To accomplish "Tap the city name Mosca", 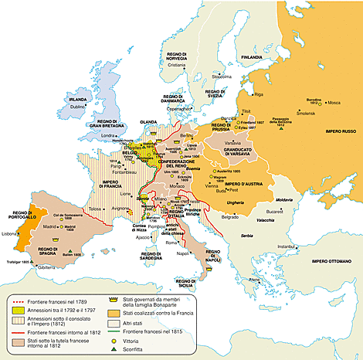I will (x=334, y=103).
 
